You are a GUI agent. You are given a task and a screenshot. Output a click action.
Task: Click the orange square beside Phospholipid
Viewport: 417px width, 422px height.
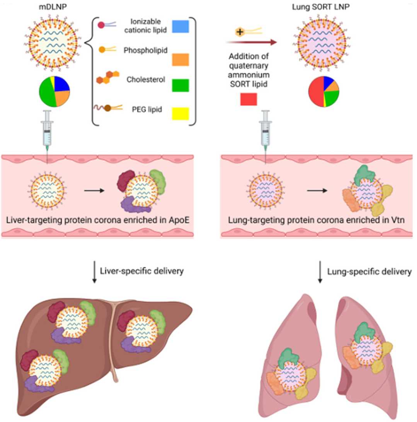tap(180, 59)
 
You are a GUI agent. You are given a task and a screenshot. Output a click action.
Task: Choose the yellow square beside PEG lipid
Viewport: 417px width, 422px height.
tap(180, 114)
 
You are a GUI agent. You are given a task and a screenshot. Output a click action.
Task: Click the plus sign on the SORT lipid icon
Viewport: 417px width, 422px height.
tap(240, 32)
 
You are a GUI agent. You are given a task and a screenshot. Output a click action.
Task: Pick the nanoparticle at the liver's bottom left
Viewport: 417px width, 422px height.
tap(43, 371)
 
